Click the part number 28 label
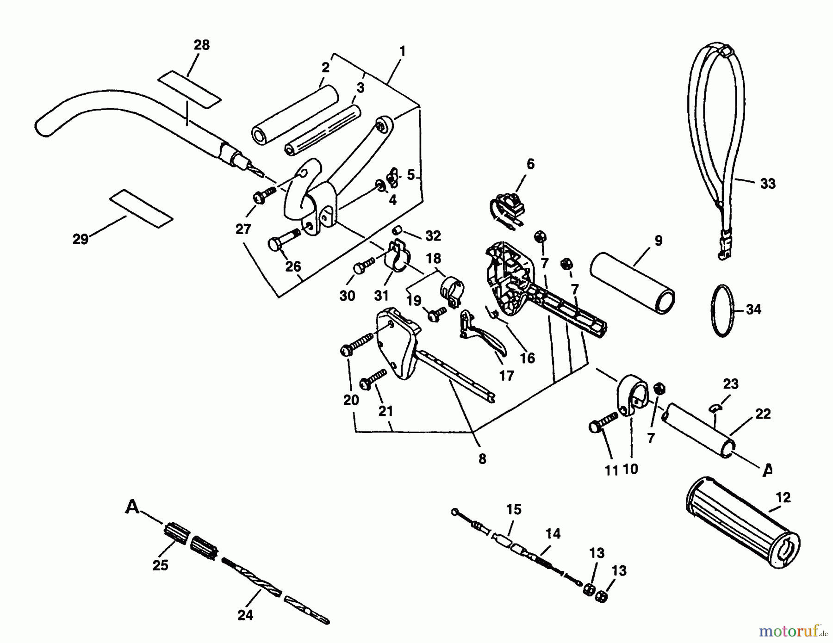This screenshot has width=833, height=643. pos(201,45)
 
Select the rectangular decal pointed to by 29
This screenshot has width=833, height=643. pos(141,209)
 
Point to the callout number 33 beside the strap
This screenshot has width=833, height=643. pos(767,184)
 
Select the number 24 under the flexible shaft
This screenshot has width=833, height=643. pos(245,615)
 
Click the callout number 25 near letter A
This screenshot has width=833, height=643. pos(161,565)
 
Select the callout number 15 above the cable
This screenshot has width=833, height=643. pos(514,510)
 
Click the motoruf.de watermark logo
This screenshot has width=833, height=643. pos(792,630)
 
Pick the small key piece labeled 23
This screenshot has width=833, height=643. pos(716,407)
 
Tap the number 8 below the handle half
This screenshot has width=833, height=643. pos(482,459)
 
